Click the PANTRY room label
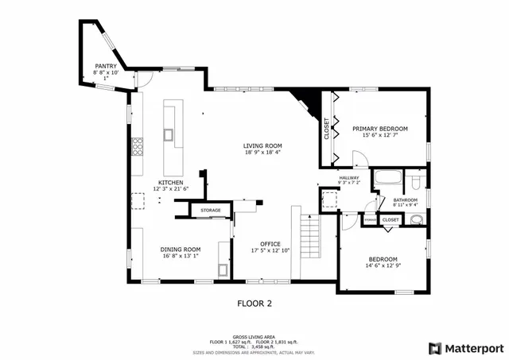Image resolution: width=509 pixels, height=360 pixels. tap(106, 66)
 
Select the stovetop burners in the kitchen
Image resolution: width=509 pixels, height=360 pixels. tap(138, 145)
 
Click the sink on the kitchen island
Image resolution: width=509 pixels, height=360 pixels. tap(169, 134)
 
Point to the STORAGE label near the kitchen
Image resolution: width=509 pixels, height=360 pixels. tap(211, 210)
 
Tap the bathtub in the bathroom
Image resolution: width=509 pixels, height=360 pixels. tap(388, 177)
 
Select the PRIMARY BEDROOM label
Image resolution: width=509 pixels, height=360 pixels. tap(380, 129)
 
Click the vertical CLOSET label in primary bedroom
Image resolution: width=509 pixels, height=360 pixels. tap(326, 129)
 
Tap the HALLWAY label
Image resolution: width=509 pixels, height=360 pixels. tap(349, 177)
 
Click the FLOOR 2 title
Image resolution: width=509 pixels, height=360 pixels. tap(254, 303)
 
